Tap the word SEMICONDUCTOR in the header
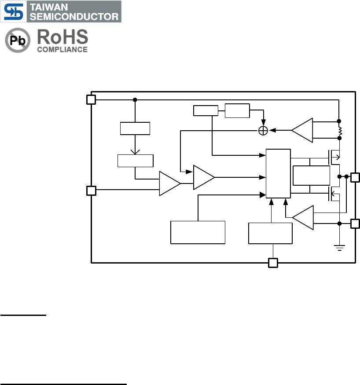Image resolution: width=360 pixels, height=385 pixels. click(x=74, y=17)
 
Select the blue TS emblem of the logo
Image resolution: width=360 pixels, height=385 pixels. click(x=14, y=11)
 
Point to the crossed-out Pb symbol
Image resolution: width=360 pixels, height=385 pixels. click(x=18, y=41)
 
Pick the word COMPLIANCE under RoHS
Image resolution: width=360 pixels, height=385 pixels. click(x=62, y=50)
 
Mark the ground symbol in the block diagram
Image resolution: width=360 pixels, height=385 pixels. click(x=339, y=247)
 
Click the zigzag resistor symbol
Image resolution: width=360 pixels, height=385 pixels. click(x=339, y=131)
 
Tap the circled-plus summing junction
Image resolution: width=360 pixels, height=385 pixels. click(x=263, y=130)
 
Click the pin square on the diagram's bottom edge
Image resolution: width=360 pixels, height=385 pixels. click(x=273, y=263)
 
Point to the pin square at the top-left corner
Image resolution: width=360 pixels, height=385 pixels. click(x=91, y=99)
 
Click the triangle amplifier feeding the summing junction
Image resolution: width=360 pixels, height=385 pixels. click(x=303, y=130)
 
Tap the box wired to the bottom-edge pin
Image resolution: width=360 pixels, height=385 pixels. click(x=270, y=233)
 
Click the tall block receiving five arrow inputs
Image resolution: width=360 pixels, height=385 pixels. click(x=278, y=173)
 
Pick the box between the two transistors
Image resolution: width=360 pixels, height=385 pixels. click(x=311, y=175)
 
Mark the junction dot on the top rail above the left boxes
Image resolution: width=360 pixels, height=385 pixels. click(x=135, y=100)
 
